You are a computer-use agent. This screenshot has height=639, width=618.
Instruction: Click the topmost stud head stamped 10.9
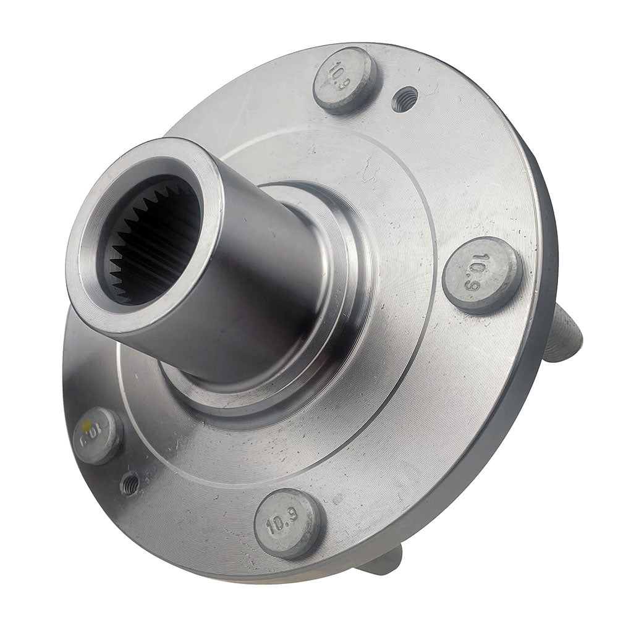point(345,80)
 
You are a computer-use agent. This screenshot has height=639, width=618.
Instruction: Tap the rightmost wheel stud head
point(481,274)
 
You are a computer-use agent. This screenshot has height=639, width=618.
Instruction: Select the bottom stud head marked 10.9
point(288,523)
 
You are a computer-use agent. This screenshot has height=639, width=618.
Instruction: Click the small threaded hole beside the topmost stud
point(404,99)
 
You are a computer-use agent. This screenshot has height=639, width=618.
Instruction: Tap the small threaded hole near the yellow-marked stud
point(130,483)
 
